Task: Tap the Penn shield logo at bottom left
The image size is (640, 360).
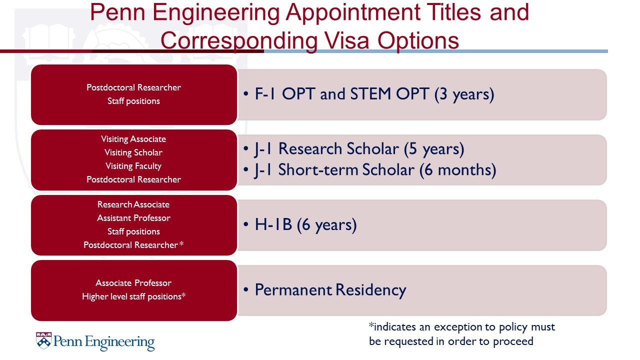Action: click(43, 340)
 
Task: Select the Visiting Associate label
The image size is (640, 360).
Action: click(133, 139)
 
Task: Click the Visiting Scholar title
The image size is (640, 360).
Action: click(133, 152)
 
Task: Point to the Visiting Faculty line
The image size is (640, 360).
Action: click(133, 166)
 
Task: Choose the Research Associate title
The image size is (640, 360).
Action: click(133, 204)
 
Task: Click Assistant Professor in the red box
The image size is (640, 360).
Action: click(133, 218)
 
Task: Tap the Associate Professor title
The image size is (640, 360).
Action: click(133, 283)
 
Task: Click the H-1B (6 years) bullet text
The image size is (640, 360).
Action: click(305, 224)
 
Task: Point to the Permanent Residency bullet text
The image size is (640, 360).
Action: click(330, 289)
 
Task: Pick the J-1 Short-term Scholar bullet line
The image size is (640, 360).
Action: click(375, 170)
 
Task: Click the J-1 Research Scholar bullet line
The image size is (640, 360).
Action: click(359, 149)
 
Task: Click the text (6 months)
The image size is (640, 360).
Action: click(457, 170)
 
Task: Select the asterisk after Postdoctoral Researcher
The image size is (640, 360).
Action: click(181, 243)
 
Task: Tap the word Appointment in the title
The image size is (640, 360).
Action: click(353, 13)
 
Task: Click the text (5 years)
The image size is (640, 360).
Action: click(434, 149)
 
